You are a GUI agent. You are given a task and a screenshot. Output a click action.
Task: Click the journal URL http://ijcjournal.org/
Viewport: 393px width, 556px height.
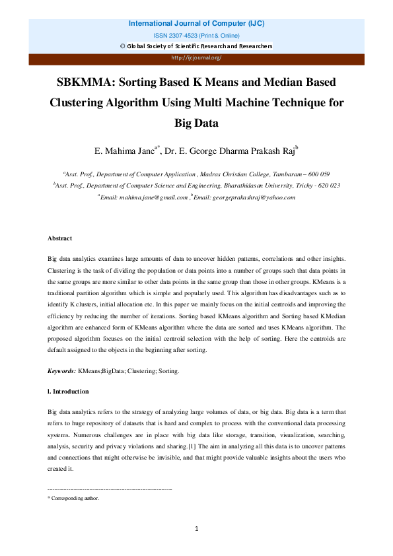(x=196, y=57)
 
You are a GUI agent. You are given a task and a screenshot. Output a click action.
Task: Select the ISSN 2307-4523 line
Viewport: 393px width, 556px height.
(x=196, y=35)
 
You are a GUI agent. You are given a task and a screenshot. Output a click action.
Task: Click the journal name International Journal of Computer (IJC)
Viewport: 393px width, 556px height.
(x=196, y=24)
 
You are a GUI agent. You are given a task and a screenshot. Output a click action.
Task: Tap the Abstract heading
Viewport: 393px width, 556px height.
(x=59, y=238)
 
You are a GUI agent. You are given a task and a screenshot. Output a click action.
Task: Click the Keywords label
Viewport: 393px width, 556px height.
(x=62, y=372)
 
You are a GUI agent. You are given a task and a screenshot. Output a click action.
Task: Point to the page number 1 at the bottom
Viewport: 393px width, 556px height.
(x=196, y=529)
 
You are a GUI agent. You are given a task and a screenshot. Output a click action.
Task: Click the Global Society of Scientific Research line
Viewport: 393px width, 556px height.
(x=196, y=46)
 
